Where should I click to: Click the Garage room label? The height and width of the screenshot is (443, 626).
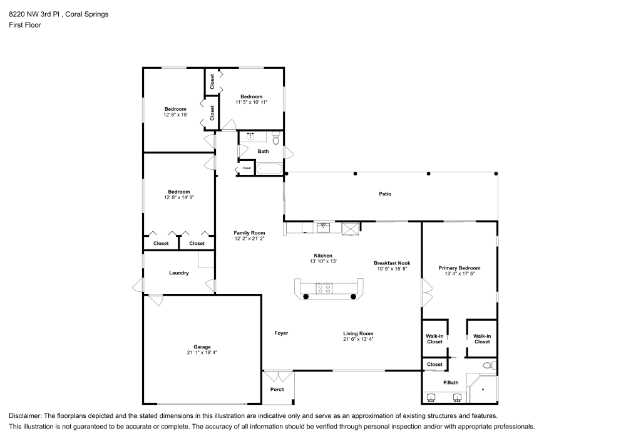[x=202, y=347]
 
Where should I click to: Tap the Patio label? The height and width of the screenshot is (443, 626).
[x=385, y=194]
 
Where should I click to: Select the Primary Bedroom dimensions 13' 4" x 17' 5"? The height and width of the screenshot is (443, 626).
[x=459, y=273]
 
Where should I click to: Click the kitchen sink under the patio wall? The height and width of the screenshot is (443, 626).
[x=324, y=227]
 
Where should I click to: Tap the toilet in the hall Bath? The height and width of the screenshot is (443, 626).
[x=275, y=139]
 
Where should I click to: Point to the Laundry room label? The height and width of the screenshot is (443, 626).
[x=178, y=273]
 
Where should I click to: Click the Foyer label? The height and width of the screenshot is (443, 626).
[x=281, y=333]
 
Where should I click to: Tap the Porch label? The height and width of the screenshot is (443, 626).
[x=277, y=389]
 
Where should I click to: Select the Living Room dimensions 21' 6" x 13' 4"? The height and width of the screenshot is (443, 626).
[x=358, y=339]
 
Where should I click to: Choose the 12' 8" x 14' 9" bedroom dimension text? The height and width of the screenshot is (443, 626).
[x=178, y=197]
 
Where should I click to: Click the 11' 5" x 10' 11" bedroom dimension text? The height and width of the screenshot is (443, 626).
[x=252, y=102]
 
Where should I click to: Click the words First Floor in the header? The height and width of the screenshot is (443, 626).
[x=24, y=25]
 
